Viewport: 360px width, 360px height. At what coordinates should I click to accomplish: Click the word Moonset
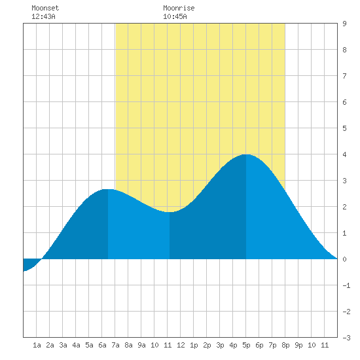(x=45, y=8)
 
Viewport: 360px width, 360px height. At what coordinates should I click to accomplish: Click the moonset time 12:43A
(x=43, y=16)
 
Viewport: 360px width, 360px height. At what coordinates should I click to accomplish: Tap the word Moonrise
(x=179, y=8)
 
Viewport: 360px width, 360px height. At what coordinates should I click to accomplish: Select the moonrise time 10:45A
(x=175, y=16)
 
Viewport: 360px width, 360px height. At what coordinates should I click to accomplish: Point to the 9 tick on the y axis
(x=344, y=24)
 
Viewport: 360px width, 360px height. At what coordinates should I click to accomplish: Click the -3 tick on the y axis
(x=346, y=338)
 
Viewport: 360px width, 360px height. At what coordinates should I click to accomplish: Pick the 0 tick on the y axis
(x=344, y=259)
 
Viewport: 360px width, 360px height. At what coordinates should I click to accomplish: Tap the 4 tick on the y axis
(x=344, y=154)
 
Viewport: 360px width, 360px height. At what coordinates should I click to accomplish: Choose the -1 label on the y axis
(x=346, y=285)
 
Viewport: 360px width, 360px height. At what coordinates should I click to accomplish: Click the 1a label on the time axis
(x=37, y=345)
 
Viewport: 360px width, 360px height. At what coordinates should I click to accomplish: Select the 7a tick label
(x=115, y=345)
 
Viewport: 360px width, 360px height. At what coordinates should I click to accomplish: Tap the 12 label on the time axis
(x=181, y=345)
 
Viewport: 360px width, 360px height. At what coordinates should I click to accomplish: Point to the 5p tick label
(x=246, y=345)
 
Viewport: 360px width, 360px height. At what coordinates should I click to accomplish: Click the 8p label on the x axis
(x=285, y=345)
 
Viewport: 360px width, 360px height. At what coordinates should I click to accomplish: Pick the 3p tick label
(x=220, y=345)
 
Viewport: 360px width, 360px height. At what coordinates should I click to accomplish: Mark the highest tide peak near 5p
(x=246, y=154)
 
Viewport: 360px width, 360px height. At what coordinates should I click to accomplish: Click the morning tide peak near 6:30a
(x=108, y=190)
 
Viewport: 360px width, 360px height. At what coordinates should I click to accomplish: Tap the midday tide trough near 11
(x=170, y=212)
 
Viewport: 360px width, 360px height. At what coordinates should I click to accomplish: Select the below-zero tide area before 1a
(x=30, y=264)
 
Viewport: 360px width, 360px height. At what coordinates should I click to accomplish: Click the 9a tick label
(x=141, y=345)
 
